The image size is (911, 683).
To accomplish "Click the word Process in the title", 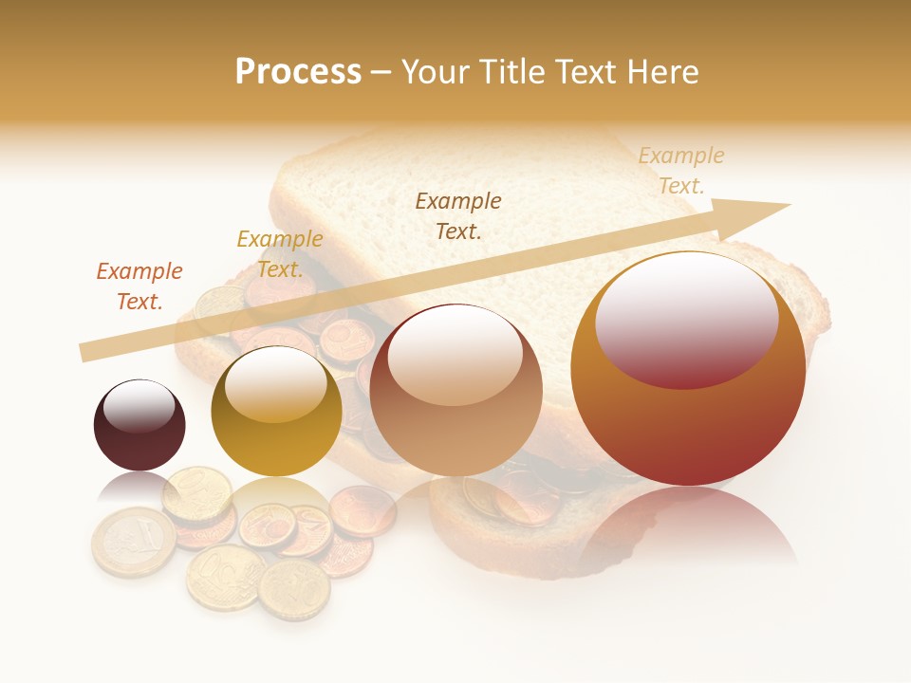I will [x=298, y=72].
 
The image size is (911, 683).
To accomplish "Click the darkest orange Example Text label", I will [x=139, y=286].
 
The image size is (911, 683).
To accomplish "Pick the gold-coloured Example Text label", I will [x=280, y=254].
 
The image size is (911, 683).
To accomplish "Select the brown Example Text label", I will [x=458, y=215].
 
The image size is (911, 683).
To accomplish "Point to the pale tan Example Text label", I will [x=680, y=171].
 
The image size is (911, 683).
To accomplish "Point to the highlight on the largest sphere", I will [x=686, y=318].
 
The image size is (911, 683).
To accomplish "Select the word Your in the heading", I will [x=437, y=72].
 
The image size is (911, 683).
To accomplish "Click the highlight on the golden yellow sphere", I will [x=276, y=384].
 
